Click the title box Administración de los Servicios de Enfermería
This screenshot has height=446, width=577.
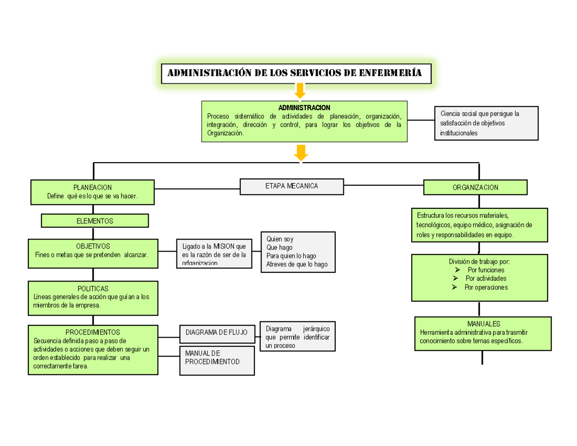[296, 73]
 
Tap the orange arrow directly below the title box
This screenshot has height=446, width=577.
[299, 91]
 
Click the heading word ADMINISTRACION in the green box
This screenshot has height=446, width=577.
[304, 107]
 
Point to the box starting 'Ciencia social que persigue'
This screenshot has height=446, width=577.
[486, 123]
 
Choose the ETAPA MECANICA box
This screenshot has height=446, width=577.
[291, 186]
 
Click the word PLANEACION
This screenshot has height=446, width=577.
[92, 187]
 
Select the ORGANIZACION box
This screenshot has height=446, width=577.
[475, 187]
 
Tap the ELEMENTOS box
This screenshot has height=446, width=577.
[95, 221]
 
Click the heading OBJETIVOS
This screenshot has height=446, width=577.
[93, 246]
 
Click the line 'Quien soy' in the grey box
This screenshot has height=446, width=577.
[280, 239]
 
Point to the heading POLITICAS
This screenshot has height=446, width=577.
[93, 288]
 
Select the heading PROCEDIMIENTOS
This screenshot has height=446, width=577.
[93, 332]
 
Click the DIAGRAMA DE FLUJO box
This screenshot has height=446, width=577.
[217, 333]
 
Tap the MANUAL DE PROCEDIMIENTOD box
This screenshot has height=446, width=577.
[217, 360]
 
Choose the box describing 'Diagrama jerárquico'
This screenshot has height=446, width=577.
[297, 336]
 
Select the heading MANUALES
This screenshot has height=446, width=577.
[483, 323]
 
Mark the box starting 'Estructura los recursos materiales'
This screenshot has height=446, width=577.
[479, 225]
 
